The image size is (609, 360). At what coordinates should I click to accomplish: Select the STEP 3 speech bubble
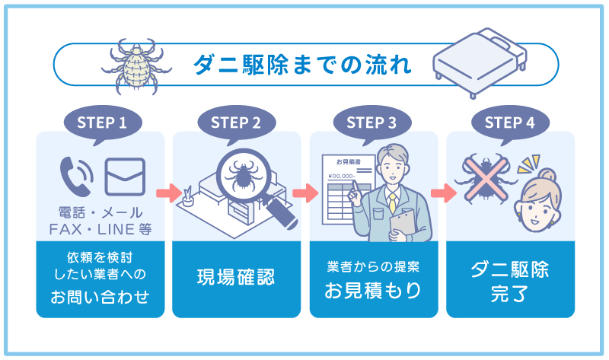click(x=371, y=122)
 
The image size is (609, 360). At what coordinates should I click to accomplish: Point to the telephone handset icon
click(x=76, y=174)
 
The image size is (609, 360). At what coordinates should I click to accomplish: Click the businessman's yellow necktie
click(x=392, y=202)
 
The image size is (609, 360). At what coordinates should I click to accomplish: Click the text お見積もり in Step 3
click(x=373, y=290)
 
